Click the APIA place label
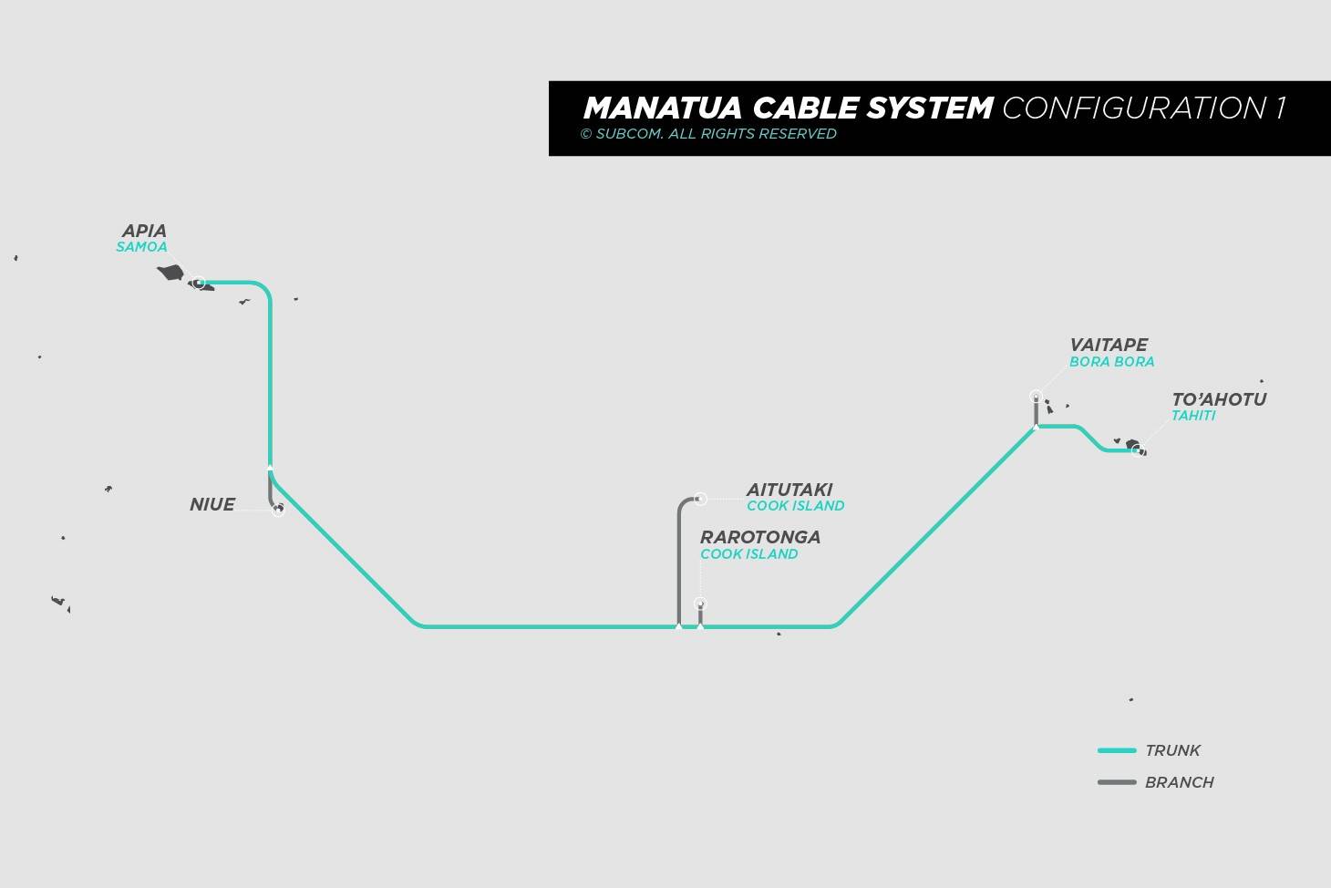pyautogui.click(x=144, y=231)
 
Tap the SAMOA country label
pyautogui.click(x=141, y=247)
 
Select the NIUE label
pyautogui.click(x=212, y=504)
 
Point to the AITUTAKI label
pyautogui.click(x=789, y=490)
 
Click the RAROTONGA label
pyautogui.click(x=760, y=537)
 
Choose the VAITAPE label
pyautogui.click(x=1109, y=345)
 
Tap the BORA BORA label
pyautogui.click(x=1111, y=361)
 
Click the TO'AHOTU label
pyautogui.click(x=1219, y=399)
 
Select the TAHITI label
pyautogui.click(x=1193, y=416)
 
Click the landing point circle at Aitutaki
pyautogui.click(x=700, y=499)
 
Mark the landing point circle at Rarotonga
pyautogui.click(x=700, y=604)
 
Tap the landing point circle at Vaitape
pyautogui.click(x=1037, y=397)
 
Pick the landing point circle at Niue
pyautogui.click(x=278, y=510)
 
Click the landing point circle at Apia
pyautogui.click(x=199, y=283)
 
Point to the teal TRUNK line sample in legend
pyautogui.click(x=1117, y=750)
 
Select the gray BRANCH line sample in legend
pyautogui.click(x=1117, y=782)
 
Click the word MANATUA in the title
pyautogui.click(x=663, y=108)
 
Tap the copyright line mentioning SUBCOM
pyautogui.click(x=708, y=134)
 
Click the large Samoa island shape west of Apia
pyautogui.click(x=170, y=273)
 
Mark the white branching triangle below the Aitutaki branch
pyautogui.click(x=678, y=625)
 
